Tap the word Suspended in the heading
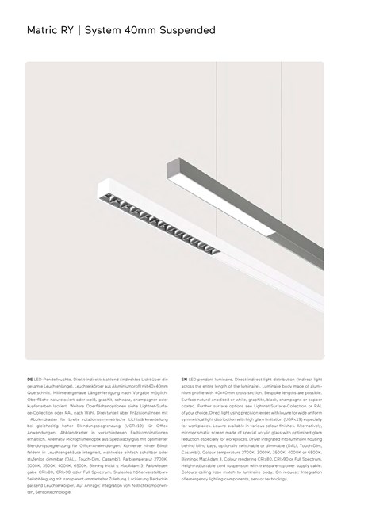[186, 31]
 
